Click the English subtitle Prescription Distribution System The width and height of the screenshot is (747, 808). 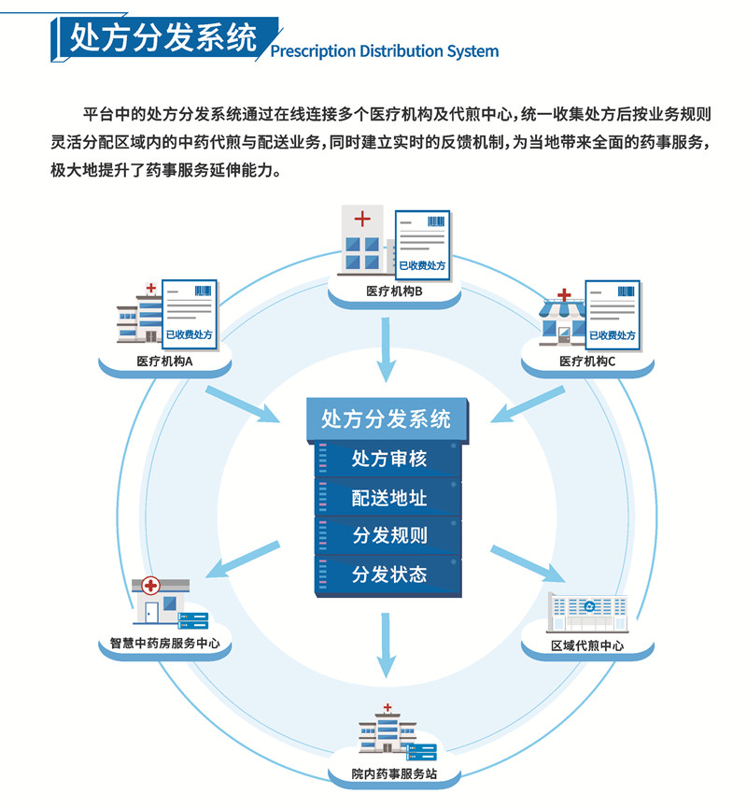click(384, 51)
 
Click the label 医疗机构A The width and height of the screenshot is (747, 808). click(164, 361)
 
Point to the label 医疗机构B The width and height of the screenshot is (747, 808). click(395, 291)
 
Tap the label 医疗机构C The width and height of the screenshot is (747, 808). click(587, 361)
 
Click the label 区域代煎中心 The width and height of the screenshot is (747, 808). click(587, 645)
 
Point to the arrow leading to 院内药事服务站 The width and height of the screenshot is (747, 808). click(385, 645)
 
